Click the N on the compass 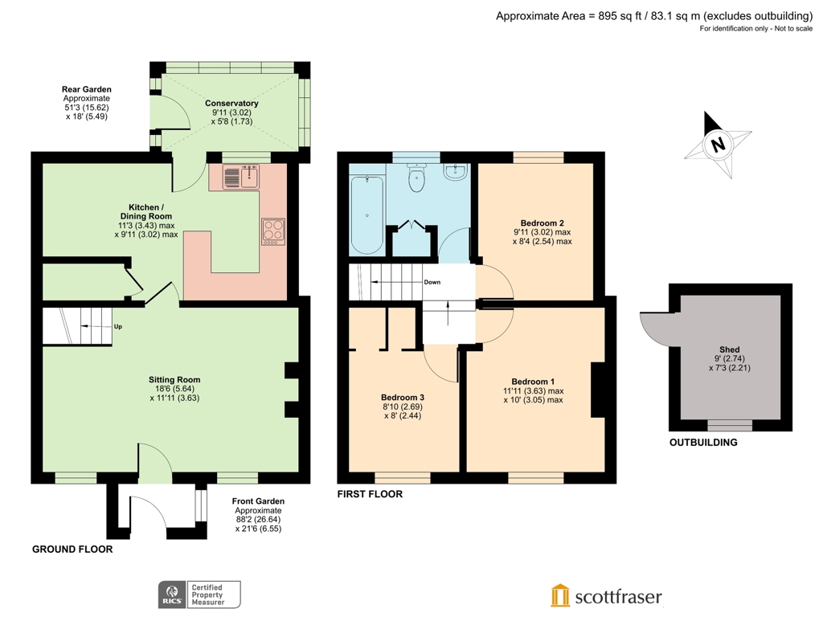tap(718, 145)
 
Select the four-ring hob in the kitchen tap(273, 231)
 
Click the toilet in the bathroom tap(416, 180)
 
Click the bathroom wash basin tap(456, 172)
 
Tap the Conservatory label tap(231, 104)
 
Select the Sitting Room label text tap(174, 379)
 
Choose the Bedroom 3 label tap(402, 398)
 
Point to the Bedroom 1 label tap(533, 382)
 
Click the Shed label tap(729, 349)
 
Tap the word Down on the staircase tap(432, 282)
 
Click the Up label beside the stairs tap(118, 326)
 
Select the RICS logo tap(170, 595)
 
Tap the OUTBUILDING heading tap(703, 443)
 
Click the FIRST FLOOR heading tap(370, 494)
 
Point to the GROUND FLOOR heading tap(72, 550)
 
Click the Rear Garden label tap(87, 89)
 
